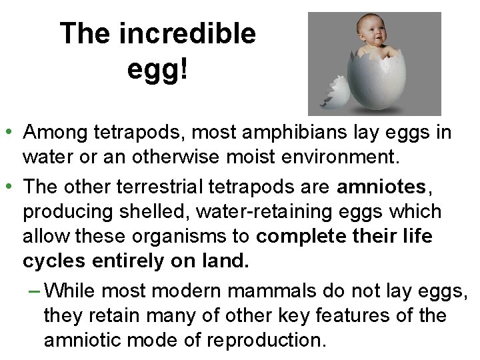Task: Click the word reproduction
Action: [265, 340]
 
